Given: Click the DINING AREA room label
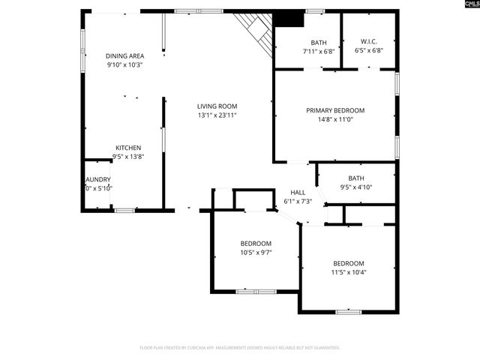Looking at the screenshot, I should [124, 55].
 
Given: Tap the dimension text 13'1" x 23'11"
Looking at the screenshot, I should [217, 115].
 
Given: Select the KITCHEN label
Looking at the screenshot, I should [127, 148].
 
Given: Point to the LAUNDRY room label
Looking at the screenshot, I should [97, 179].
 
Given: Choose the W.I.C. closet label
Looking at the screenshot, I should [368, 42].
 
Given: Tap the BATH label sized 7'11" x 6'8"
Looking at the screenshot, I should [319, 42].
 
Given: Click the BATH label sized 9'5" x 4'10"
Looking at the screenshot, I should [355, 178].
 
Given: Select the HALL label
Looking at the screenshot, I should [298, 193].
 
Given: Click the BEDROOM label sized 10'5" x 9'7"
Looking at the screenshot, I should [256, 244].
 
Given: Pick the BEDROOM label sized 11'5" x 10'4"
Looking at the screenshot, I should [349, 263].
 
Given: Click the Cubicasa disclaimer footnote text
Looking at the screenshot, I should [240, 347].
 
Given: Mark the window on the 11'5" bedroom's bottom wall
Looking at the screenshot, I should [348, 311].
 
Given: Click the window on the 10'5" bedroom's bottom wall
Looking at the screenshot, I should [256, 291].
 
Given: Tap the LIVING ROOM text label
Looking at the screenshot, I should [217, 106].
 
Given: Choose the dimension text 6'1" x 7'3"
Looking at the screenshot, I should [298, 202].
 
